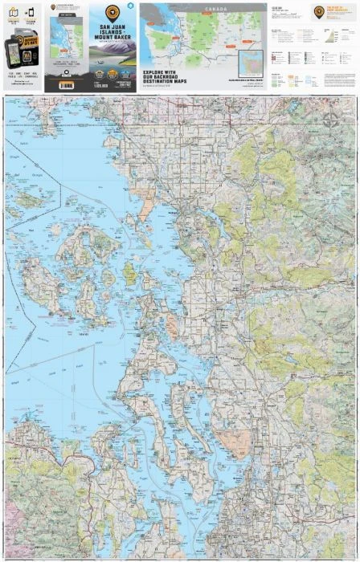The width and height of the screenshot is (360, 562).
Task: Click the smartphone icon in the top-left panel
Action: point(31,14)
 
